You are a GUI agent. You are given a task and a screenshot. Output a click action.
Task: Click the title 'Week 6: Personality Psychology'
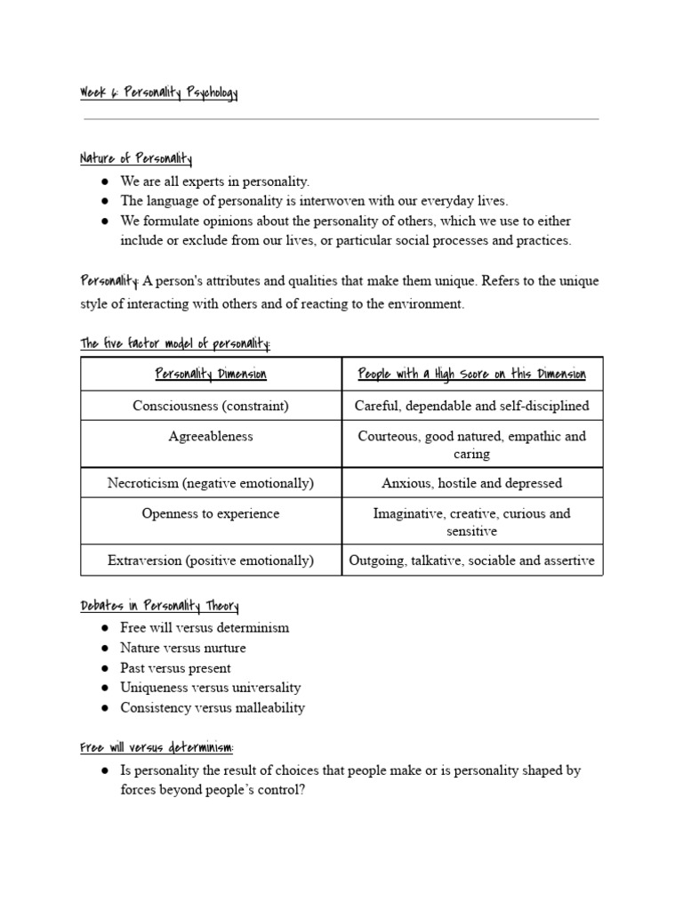159,93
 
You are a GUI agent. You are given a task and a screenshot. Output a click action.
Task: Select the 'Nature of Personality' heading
136,159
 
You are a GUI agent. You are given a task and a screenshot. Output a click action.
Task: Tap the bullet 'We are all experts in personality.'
214,181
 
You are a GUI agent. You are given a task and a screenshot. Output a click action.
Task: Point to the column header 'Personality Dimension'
211,375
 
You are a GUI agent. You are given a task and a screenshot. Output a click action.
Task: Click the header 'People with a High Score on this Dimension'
471,375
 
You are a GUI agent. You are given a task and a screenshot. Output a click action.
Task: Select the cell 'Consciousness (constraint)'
211,406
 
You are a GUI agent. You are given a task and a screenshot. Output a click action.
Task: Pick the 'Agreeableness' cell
211,436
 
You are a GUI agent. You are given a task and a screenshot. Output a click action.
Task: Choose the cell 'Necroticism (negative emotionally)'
211,483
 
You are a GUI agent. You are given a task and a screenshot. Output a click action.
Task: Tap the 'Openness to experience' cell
211,513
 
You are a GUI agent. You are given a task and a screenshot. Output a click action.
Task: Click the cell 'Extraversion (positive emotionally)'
211,560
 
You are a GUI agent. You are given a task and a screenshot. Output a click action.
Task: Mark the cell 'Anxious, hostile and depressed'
471,483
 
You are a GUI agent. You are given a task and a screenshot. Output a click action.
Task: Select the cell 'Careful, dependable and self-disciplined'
471,406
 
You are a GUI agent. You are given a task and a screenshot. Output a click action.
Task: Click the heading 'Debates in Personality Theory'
159,607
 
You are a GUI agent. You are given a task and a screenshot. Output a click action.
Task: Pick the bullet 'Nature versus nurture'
183,648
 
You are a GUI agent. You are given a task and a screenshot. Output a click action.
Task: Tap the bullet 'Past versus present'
175,668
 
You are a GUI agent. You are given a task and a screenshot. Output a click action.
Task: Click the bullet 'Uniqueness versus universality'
211,688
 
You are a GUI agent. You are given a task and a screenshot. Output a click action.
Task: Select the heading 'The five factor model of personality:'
175,343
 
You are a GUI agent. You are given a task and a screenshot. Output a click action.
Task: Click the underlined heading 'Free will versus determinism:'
157,748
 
